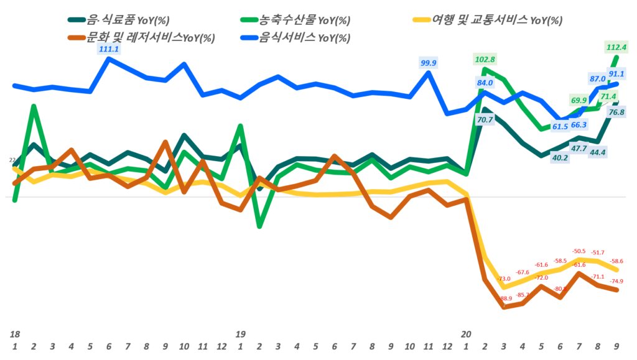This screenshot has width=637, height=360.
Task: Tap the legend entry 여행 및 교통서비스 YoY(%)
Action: pos(491,21)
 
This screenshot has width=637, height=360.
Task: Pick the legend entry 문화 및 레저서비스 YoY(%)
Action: pos(149,37)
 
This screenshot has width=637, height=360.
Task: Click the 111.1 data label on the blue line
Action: pos(109,49)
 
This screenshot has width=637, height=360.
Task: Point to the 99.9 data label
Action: pos(429,63)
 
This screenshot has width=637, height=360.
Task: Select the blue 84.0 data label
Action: pos(485,82)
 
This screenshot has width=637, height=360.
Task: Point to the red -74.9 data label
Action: pos(618,281)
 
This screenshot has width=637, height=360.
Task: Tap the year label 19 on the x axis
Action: pos(240,335)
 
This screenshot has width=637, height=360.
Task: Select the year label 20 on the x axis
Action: pos(465,335)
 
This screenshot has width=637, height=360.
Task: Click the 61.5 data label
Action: pos(560,127)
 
